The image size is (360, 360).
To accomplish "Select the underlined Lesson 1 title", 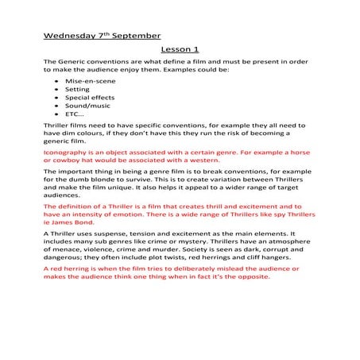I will pos(180,49).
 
